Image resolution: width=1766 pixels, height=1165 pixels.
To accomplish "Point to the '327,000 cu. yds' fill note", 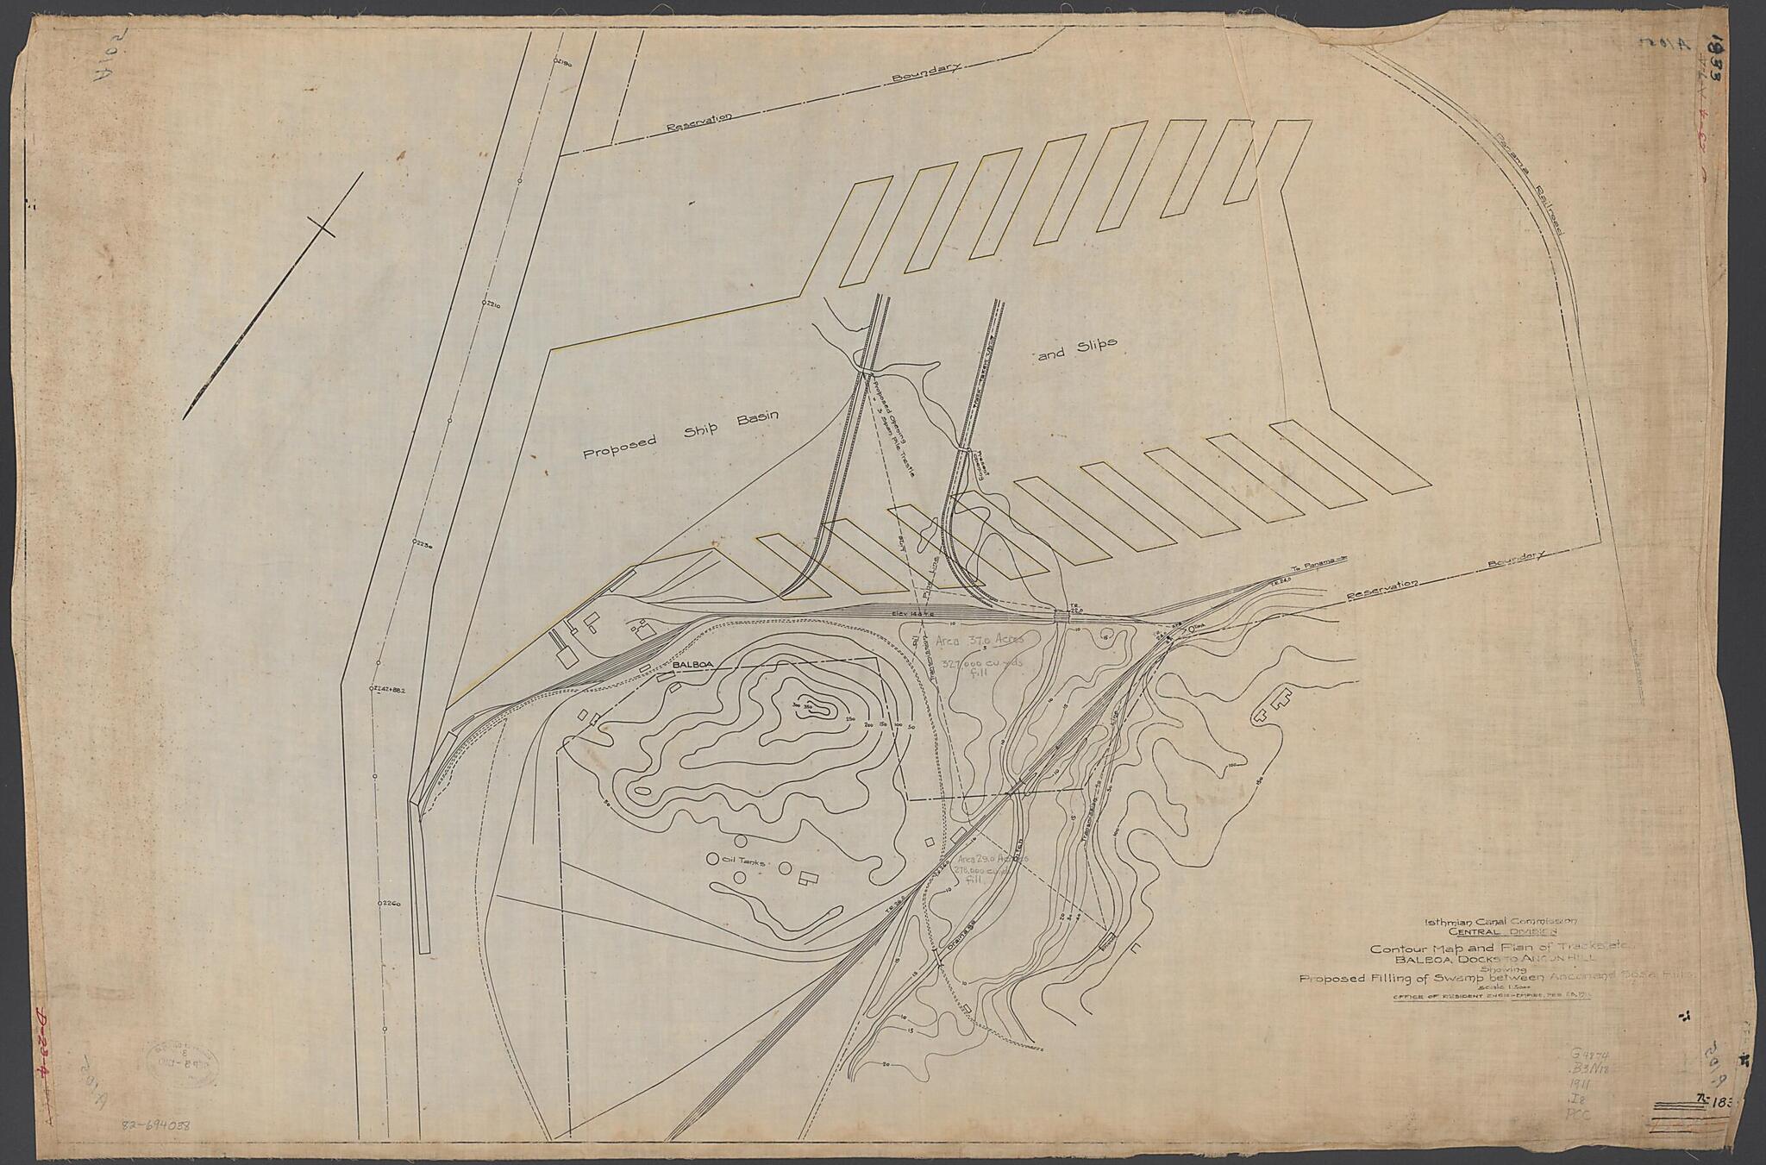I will coord(980,666).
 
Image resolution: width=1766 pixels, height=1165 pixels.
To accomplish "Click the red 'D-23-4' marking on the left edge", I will coord(41,1053).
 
